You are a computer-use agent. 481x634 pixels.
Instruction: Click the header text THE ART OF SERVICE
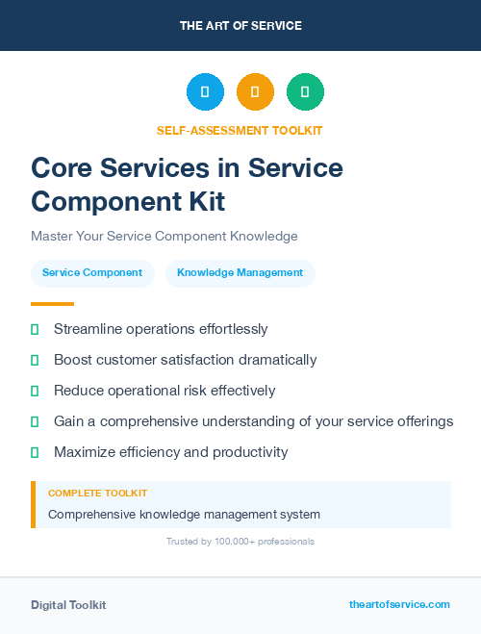240,26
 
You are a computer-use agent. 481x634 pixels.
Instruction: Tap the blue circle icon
205,92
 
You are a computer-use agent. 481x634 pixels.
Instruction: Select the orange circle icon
255,92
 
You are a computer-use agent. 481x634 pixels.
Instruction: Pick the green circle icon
305,92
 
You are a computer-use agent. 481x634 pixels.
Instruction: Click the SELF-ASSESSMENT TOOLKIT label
240,130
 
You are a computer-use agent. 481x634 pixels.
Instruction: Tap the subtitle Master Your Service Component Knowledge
165,236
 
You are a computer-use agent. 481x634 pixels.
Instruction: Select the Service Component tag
92,273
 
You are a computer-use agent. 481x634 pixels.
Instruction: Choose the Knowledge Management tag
240,273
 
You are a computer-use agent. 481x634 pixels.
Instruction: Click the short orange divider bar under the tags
52,304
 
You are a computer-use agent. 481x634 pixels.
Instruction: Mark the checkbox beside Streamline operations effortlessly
35,330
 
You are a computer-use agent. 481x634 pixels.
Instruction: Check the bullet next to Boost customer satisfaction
35,361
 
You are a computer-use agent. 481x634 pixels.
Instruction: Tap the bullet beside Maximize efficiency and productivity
35,452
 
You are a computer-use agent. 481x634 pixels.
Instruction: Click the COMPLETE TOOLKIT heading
97,494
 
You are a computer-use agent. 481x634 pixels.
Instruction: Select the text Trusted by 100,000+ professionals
240,542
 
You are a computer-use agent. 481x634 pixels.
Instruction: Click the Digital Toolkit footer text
68,605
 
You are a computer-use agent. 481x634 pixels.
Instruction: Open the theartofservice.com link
399,604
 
